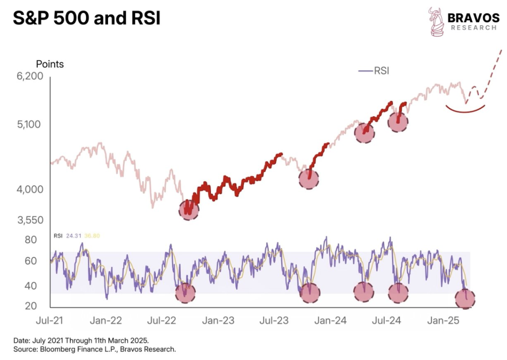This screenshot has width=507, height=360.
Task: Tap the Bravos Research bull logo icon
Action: (x=436, y=22)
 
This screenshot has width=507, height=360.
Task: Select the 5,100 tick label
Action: (x=31, y=124)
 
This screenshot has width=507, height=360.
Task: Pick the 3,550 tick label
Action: (x=31, y=220)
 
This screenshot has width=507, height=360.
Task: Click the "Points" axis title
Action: (x=50, y=64)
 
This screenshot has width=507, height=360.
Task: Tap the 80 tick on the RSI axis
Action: (x=31, y=240)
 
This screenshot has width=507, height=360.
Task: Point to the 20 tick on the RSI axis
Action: (x=31, y=306)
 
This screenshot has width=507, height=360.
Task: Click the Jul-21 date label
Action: (x=50, y=320)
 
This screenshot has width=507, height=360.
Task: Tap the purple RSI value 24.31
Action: (x=73, y=236)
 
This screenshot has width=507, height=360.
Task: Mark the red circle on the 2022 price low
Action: (x=188, y=210)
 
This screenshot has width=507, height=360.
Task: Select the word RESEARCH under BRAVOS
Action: (x=473, y=28)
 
